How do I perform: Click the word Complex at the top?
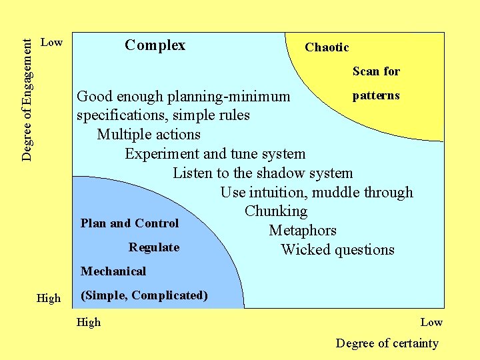155,45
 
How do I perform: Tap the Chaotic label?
327,47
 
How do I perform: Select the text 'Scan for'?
376,71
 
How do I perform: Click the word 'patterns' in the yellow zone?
376,95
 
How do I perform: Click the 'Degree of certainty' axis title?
387,343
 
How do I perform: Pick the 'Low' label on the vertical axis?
51,43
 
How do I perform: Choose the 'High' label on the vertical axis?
48,299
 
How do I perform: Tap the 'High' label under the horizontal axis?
89,323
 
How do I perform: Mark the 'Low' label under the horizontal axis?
431,323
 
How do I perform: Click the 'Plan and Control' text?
129,223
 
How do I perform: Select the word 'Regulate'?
154,247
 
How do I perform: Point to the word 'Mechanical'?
113,271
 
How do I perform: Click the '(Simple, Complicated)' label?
144,295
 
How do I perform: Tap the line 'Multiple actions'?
149,135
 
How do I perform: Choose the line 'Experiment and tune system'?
215,154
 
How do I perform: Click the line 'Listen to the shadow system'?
263,173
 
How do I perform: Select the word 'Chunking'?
276,211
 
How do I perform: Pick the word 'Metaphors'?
303,231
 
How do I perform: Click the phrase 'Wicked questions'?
337,250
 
